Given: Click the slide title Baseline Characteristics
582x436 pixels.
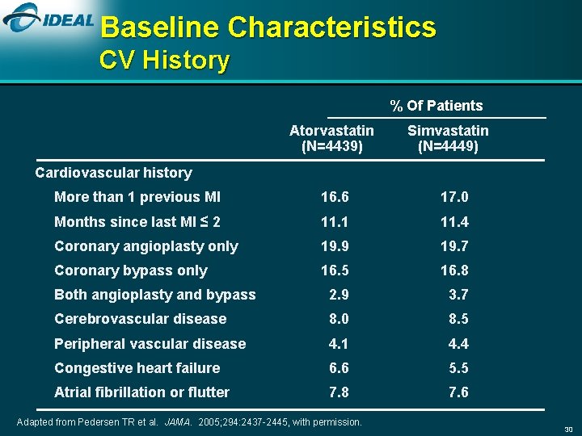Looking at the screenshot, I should [268, 27].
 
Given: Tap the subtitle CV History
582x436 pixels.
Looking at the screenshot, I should [164, 61].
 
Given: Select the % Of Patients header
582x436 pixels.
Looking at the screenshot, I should [436, 106].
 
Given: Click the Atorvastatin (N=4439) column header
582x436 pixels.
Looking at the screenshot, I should [331, 138].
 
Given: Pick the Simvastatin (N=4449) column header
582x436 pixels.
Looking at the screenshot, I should [448, 138].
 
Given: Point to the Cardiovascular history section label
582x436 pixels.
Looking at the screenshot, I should [114, 173].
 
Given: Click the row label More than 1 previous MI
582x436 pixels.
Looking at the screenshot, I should [137, 197].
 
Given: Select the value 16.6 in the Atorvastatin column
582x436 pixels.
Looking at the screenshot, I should [335, 197].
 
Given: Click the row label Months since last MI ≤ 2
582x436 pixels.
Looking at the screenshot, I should [137, 222].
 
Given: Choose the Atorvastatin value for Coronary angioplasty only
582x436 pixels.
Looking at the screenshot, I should [335, 246].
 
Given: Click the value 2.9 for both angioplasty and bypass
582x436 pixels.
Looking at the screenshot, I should [339, 295].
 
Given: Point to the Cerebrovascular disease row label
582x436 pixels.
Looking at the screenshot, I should [140, 319].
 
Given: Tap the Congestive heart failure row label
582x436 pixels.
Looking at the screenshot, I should [137, 368].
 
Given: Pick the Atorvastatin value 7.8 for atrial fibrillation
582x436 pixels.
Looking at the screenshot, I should [339, 392].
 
